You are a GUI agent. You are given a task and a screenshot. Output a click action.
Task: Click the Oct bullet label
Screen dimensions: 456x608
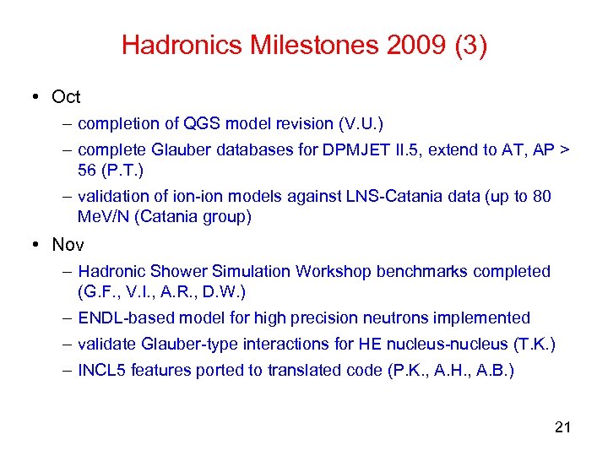[x=66, y=97]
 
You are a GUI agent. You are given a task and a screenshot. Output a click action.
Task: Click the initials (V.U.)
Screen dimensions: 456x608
[x=360, y=124]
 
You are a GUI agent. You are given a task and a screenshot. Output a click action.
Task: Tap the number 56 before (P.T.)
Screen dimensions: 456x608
[x=87, y=171]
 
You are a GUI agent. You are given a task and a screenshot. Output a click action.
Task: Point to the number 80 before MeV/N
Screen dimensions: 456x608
[x=542, y=197]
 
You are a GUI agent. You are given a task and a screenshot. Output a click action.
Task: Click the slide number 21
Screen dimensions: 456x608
[x=563, y=427]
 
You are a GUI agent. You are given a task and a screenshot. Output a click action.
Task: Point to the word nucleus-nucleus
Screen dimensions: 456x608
[x=433, y=345]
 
